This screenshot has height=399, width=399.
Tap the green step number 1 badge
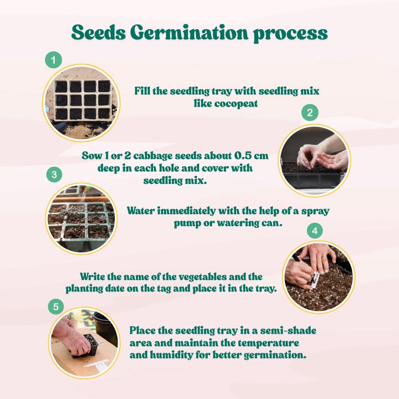(x=53, y=61)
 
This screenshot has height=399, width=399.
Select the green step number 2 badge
(x=310, y=113)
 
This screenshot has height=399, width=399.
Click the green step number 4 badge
(x=314, y=231)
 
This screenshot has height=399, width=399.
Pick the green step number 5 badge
(x=56, y=306)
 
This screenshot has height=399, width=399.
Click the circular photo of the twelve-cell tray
(x=81, y=103)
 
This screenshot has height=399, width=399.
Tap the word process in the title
(x=290, y=33)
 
